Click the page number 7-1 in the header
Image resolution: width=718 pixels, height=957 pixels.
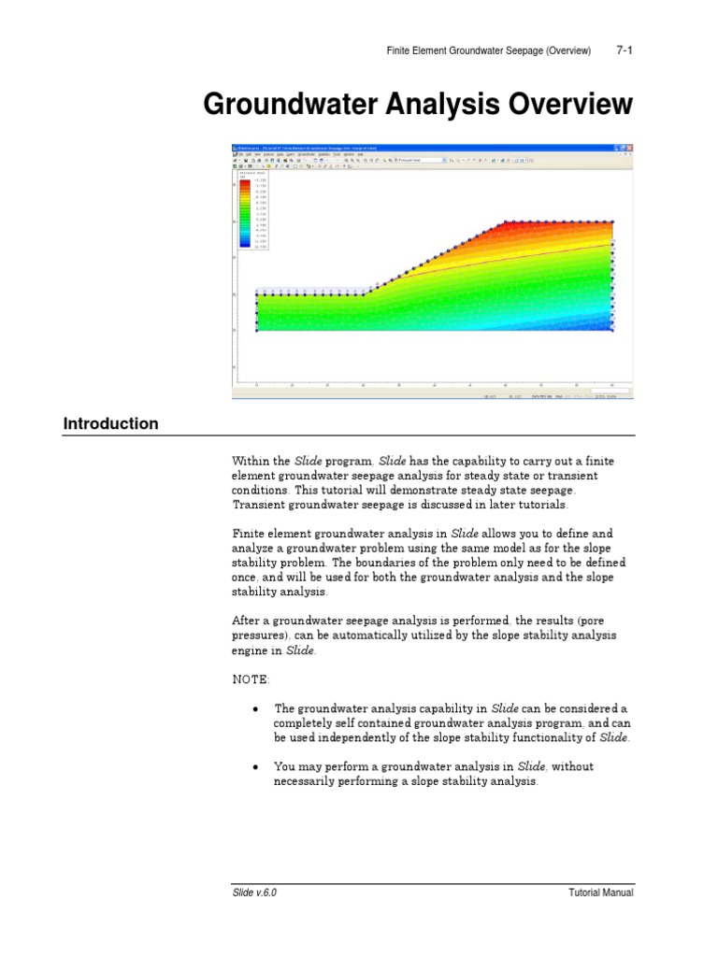[625, 50]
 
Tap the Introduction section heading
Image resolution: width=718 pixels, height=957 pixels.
[110, 423]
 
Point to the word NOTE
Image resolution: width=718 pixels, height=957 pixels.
[250, 679]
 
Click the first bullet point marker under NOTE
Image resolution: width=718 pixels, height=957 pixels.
[255, 709]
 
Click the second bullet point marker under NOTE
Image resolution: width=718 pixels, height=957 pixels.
[255, 767]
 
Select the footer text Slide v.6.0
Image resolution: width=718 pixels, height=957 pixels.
[254, 893]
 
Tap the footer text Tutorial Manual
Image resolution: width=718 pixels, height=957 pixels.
[601, 893]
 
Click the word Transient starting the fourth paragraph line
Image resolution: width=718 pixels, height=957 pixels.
[259, 505]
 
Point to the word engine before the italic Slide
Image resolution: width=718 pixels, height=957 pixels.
[250, 650]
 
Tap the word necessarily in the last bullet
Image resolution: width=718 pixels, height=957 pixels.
[309, 781]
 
